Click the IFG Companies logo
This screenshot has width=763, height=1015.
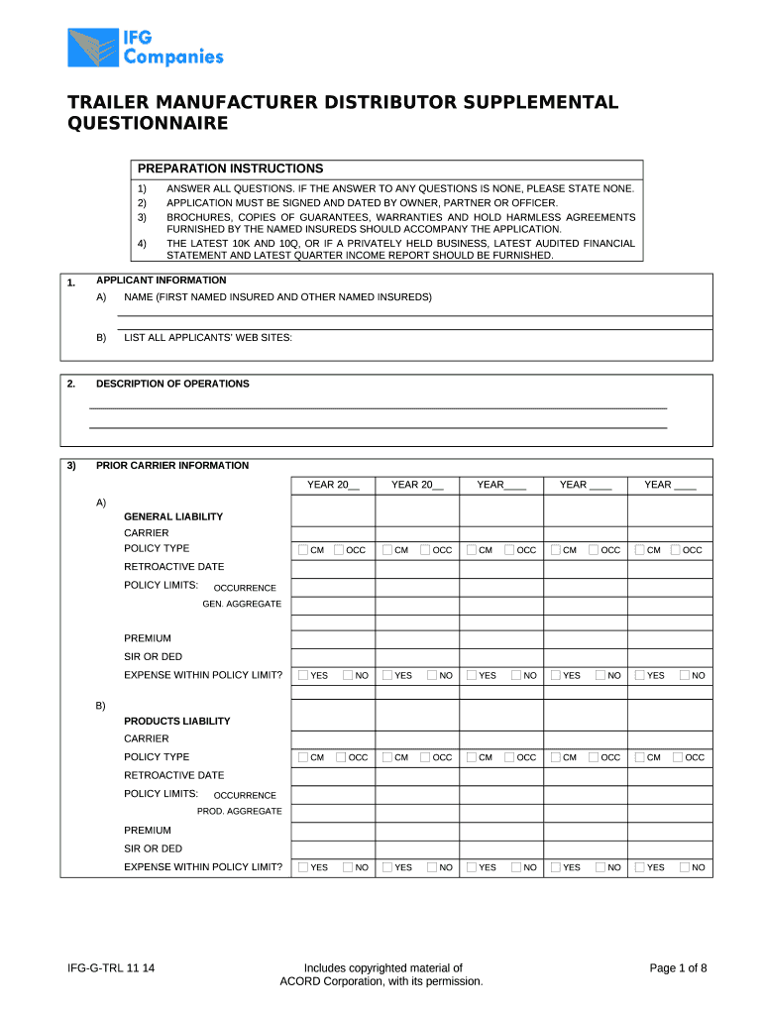click(x=145, y=47)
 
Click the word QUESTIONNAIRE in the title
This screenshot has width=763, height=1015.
click(x=147, y=123)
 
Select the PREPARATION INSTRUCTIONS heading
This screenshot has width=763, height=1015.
click(x=230, y=169)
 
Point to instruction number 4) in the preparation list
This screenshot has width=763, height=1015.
click(x=142, y=243)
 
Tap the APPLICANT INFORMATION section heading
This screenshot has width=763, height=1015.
click(x=161, y=281)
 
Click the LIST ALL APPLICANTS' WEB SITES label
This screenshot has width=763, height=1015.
click(x=207, y=338)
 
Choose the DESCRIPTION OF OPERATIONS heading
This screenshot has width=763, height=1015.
click(x=172, y=384)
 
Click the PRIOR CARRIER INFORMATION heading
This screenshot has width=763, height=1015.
click(x=172, y=465)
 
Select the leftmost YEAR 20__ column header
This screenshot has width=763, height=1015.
click(x=333, y=485)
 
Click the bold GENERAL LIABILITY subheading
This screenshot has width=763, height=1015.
click(x=172, y=516)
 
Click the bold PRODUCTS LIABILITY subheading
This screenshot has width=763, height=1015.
click(x=176, y=721)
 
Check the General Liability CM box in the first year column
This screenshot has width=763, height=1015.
click(x=303, y=550)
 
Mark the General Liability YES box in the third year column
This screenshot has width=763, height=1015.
click(x=472, y=675)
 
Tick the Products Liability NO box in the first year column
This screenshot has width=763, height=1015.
click(x=349, y=867)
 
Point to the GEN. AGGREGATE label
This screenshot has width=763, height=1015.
click(x=241, y=604)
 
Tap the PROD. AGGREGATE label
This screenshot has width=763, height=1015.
click(x=239, y=811)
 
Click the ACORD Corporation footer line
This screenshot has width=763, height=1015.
click(x=382, y=981)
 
